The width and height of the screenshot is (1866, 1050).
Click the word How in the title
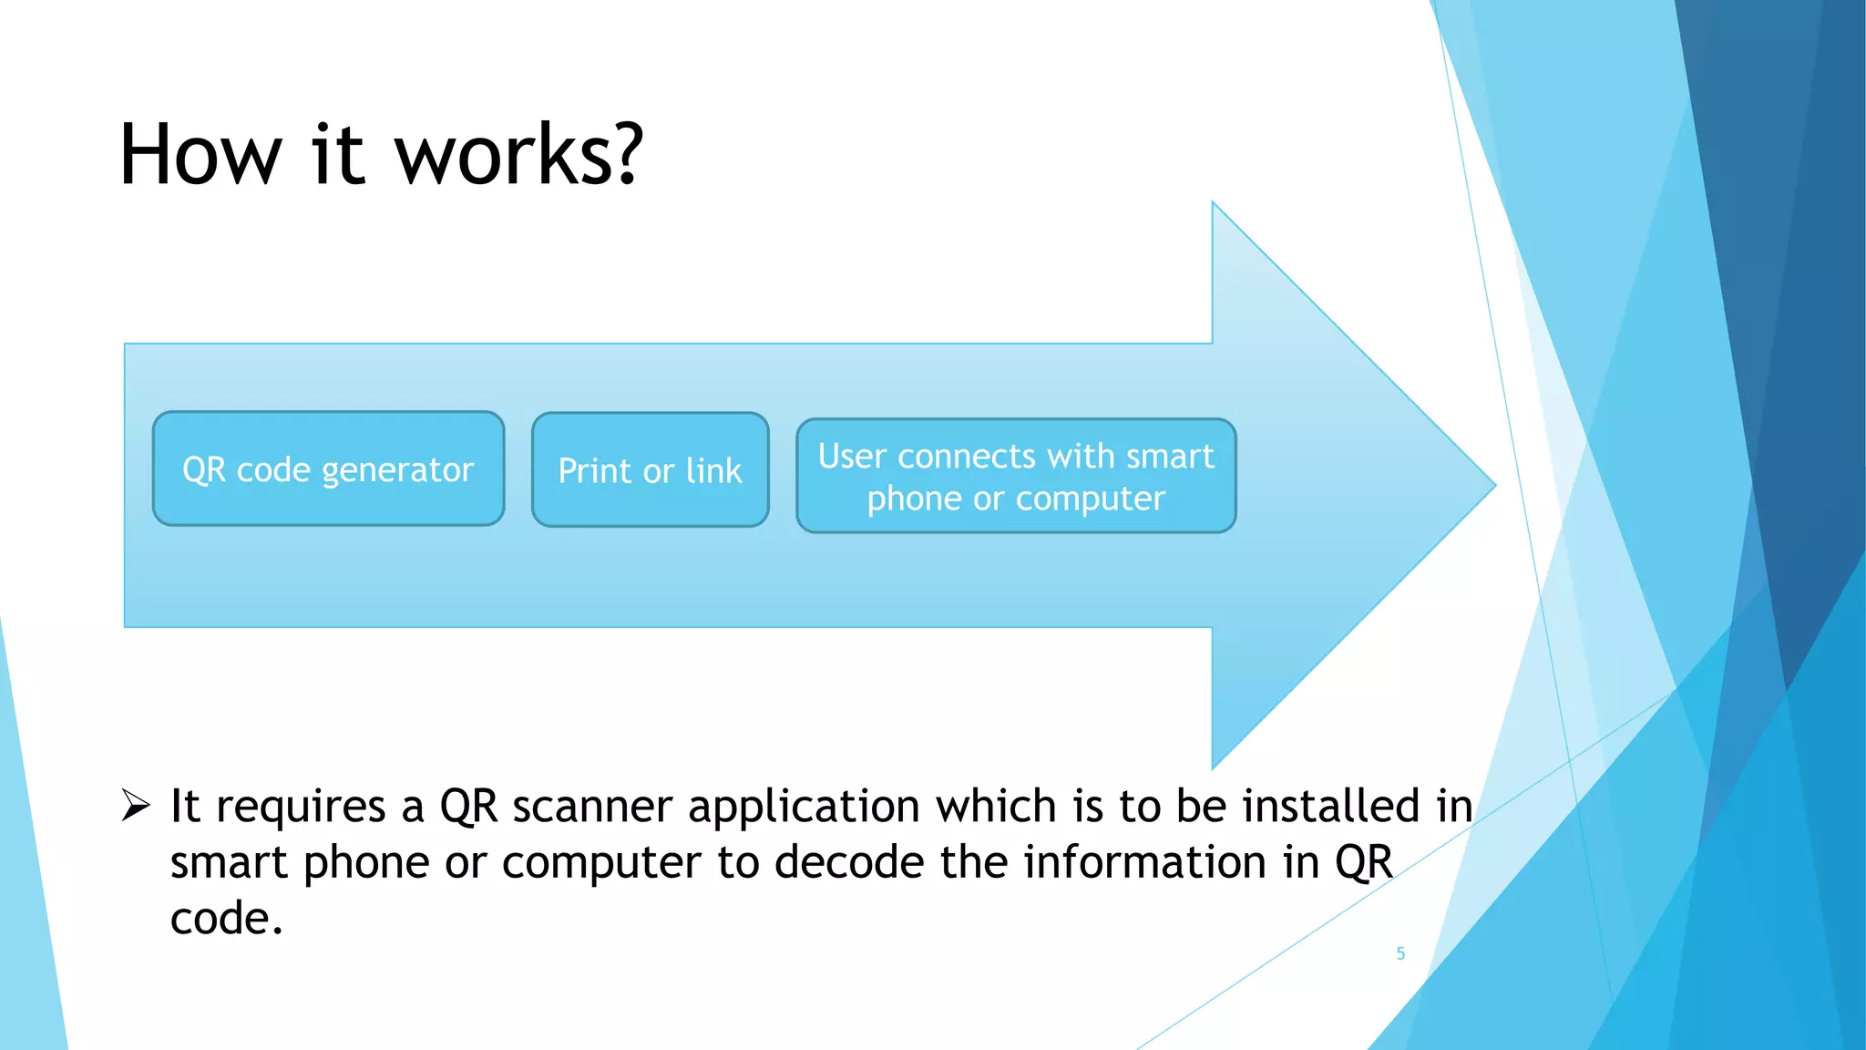point(200,155)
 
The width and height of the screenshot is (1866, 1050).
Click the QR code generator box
point(328,468)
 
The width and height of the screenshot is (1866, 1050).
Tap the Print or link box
point(650,470)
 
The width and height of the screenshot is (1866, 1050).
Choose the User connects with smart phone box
point(1016,476)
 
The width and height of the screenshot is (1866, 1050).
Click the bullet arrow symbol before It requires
point(136,806)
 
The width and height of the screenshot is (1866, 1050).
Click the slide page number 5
point(1400,953)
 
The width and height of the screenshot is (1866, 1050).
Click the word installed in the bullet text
point(1331,806)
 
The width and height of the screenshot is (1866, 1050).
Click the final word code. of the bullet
point(226,919)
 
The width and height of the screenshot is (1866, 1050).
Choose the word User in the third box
point(852,456)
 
